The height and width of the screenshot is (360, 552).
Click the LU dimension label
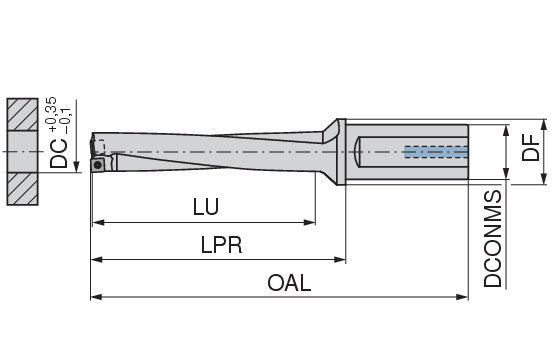[206, 207]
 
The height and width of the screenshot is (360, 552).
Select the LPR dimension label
[222, 245]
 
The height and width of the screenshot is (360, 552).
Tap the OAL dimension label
[289, 283]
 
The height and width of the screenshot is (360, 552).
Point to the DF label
[531, 148]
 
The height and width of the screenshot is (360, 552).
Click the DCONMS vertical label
[493, 239]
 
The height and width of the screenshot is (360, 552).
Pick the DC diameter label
[58, 153]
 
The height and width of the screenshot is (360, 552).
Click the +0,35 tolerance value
[50, 114]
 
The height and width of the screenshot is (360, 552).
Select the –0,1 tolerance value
[65, 121]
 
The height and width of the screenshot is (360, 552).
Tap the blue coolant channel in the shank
[436, 152]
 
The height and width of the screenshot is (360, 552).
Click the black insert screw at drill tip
[98, 164]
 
